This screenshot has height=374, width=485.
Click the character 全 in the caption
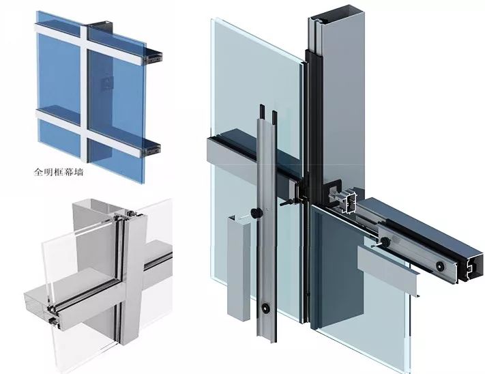pos(38,172)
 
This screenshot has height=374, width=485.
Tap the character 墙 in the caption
pos(79,172)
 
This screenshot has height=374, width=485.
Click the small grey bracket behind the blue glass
pos(107,83)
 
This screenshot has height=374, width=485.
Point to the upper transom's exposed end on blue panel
pos(152,57)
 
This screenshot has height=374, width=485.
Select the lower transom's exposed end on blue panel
pos(151,150)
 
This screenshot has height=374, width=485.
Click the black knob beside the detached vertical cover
pos(256,213)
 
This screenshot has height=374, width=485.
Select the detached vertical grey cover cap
pos(239,267)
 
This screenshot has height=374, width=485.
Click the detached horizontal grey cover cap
pos(388,267)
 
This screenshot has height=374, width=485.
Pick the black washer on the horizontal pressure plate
pos(439,265)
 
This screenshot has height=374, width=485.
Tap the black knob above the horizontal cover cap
pos(385,241)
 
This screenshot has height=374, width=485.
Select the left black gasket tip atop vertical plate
pos(262,112)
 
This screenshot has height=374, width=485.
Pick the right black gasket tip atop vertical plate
pos(274,117)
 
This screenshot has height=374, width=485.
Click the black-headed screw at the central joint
pos(286,204)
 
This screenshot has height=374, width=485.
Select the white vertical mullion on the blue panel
pos(84,93)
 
